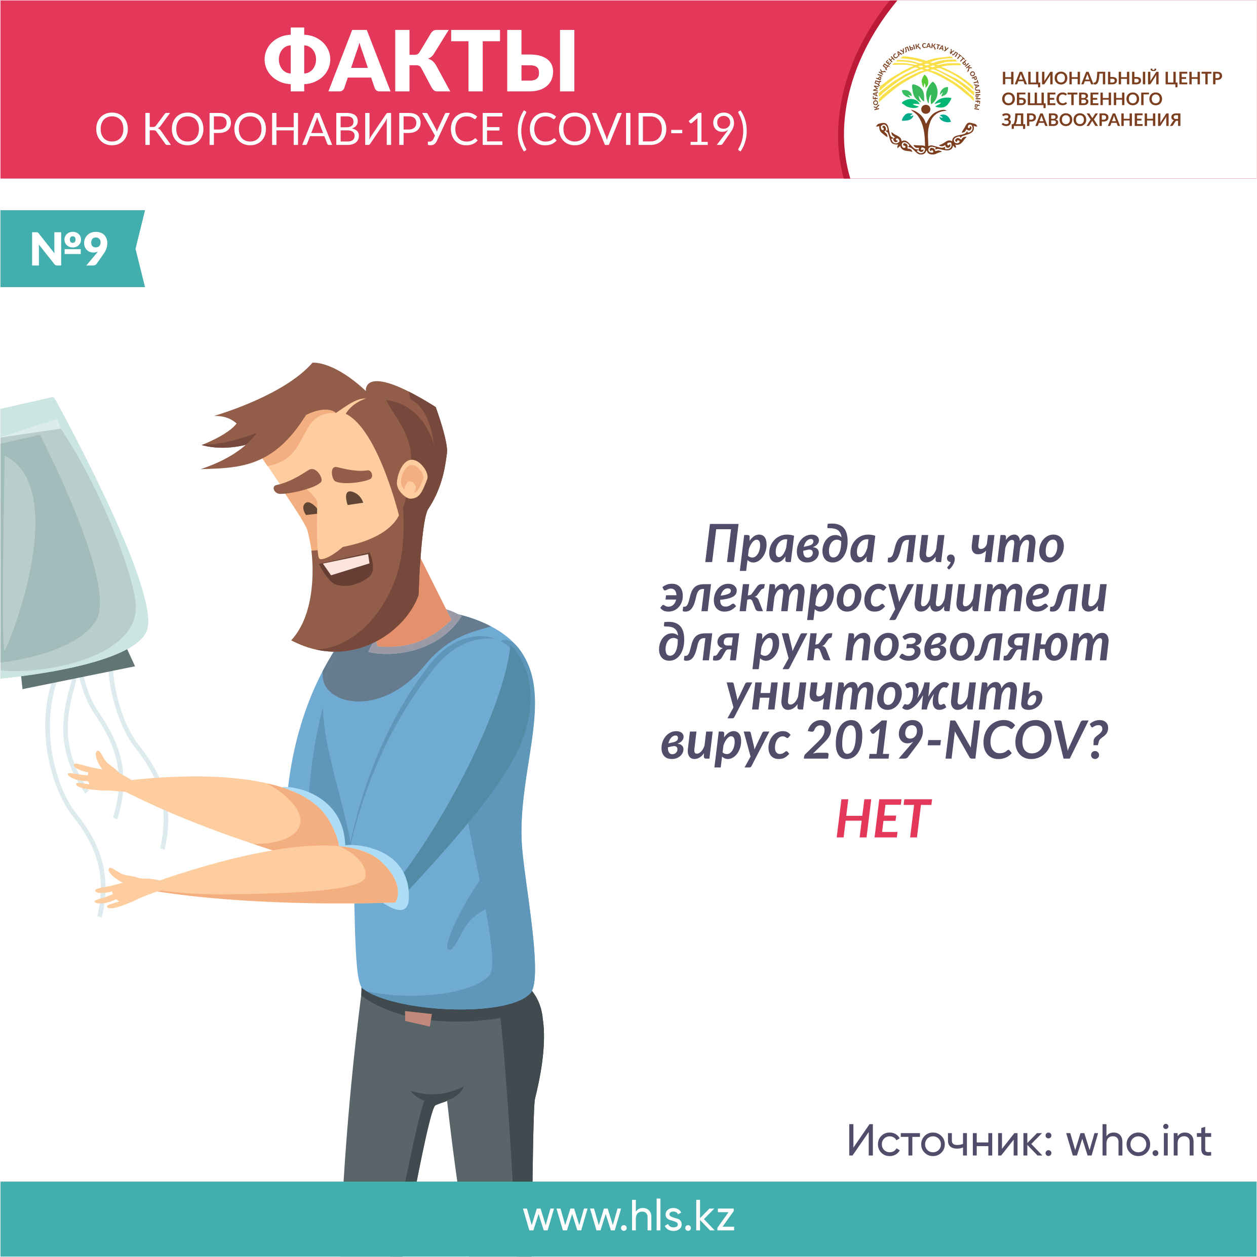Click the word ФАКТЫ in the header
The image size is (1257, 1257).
click(x=420, y=61)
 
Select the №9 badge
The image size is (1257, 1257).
click(x=71, y=249)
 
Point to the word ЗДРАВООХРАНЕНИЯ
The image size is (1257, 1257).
click(x=1091, y=120)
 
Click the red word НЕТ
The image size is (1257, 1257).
click(x=883, y=818)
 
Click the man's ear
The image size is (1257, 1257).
click(x=411, y=480)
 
